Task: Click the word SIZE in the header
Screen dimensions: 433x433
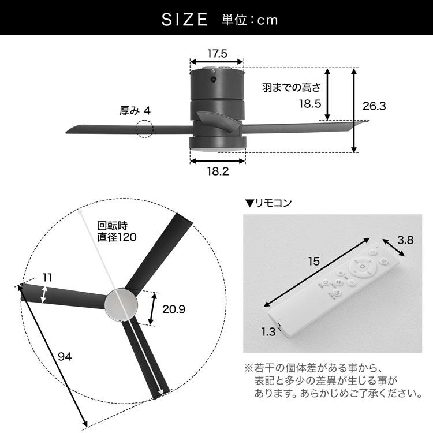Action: coord(184,20)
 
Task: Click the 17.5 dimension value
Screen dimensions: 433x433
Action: coord(217,54)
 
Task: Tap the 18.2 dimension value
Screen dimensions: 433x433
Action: coord(218,171)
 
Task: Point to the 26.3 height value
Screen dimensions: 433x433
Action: coord(374,106)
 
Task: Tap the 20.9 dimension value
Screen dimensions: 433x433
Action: coord(174,309)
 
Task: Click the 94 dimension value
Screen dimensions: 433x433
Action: coord(65,356)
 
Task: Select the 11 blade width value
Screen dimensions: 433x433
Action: coord(47,277)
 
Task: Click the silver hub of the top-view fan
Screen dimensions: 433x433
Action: coord(121,303)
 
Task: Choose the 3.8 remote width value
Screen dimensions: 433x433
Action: coord(405,239)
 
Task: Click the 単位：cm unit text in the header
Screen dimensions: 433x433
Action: coord(250,20)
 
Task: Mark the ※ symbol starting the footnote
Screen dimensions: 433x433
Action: coord(248,368)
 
